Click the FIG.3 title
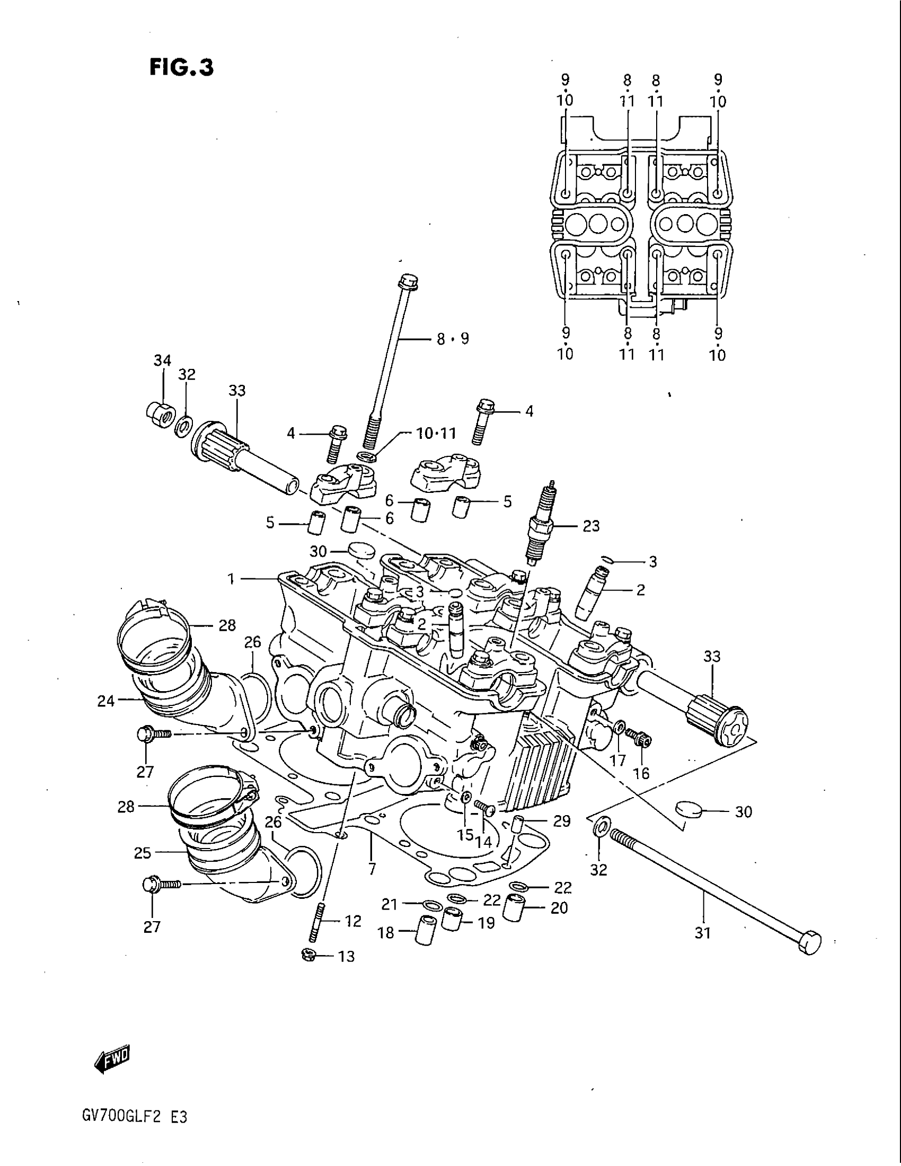tap(181, 68)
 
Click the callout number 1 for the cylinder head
tap(231, 579)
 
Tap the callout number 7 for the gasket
tap(372, 869)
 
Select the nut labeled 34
tap(158, 412)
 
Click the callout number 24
tap(106, 701)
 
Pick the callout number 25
tap(143, 853)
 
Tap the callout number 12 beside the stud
tap(353, 921)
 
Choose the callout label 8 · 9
tap(453, 339)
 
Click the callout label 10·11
tap(436, 433)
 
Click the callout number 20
tap(559, 907)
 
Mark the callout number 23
tap(591, 526)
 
